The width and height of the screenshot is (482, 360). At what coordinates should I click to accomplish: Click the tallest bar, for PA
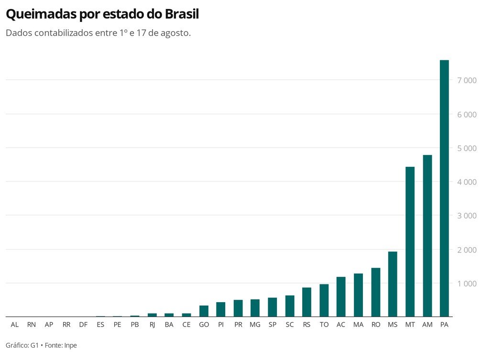coord(444,188)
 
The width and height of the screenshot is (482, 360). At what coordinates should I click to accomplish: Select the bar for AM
coord(427,236)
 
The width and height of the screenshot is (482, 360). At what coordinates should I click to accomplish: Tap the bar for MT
coord(410,241)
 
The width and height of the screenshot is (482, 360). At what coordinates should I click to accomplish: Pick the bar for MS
coord(393,284)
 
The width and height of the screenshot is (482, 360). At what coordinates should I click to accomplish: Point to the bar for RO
coord(376,292)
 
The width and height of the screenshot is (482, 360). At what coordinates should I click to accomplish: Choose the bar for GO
coord(204,311)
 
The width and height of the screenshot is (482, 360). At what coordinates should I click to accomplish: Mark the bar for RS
coord(307,302)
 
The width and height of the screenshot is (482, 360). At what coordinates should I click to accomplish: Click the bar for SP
coord(273,307)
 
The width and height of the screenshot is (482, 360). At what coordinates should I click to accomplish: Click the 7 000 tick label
coord(467,80)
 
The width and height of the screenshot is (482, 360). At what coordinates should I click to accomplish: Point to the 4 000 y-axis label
coord(467,182)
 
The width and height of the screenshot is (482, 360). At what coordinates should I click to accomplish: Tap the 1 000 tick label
coord(467,284)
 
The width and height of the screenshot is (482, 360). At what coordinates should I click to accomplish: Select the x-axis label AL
coord(14,325)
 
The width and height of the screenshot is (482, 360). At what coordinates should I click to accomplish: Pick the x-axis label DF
coord(83,325)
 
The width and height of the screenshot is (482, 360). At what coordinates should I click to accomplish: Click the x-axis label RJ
coord(152,325)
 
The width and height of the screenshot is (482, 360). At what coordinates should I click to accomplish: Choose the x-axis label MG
coord(255,325)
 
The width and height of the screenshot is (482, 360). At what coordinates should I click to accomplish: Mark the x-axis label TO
coord(324,325)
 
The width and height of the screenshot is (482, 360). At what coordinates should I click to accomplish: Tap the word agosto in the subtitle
coord(175,33)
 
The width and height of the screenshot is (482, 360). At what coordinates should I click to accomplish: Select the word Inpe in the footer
coord(70,345)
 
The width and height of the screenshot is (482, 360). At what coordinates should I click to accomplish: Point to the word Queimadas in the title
coord(41,14)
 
